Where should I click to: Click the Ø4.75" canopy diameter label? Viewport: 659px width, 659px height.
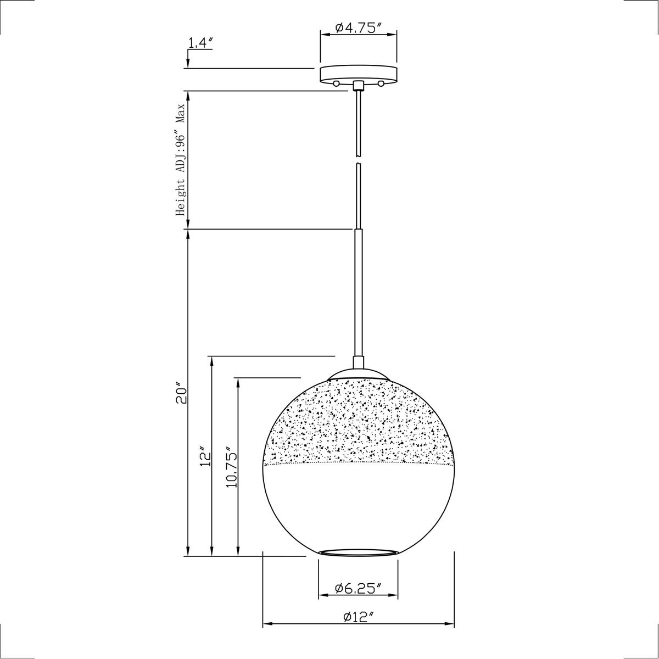(358, 28)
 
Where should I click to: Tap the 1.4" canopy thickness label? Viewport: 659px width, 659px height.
(200, 43)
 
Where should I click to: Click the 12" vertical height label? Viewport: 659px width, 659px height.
(205, 456)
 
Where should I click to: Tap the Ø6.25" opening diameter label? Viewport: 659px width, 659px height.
(358, 588)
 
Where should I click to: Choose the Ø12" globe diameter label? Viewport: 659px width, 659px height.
(358, 617)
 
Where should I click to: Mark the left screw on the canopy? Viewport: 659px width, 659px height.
(336, 83)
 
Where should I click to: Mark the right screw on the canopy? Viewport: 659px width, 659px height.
(381, 83)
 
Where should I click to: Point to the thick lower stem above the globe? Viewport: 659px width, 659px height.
(358, 294)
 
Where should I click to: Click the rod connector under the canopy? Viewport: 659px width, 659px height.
(358, 85)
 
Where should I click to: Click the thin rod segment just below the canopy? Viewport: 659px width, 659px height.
(358, 121)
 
